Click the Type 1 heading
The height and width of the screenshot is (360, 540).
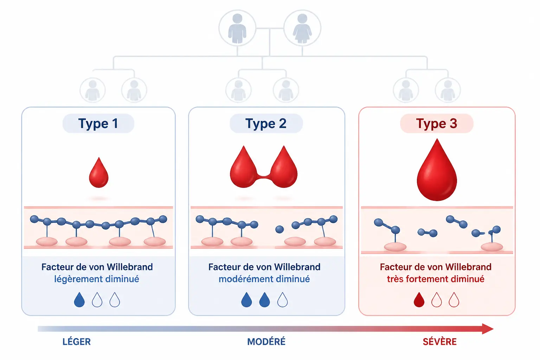coord(98,123)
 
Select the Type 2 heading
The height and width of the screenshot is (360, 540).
coord(266,123)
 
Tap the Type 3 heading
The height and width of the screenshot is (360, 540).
coord(436,123)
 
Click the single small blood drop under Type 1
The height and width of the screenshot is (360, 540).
coord(98,173)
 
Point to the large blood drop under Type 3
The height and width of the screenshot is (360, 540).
coord(437,170)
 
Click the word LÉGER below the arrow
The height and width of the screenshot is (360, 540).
coord(76,341)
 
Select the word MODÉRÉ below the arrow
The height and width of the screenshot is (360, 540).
coord(266,341)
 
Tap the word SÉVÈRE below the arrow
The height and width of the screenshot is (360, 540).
coord(439,341)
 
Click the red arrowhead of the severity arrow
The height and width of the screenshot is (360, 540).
coord(488,329)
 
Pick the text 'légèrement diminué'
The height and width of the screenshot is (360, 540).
coord(96,279)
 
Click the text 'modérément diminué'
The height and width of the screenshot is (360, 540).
coord(264,279)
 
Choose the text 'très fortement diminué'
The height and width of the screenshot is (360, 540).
coord(435,279)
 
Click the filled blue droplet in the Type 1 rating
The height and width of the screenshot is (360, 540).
coord(79,300)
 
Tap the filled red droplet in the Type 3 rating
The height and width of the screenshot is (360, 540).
coord(419,300)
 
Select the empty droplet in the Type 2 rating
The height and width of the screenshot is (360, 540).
coord(282,300)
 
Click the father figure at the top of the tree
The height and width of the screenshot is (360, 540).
coord(237,28)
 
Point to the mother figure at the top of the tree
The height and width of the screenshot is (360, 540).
coord(302,28)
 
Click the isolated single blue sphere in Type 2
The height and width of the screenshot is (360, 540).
coord(279,229)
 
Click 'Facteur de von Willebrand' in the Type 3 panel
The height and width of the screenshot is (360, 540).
coord(435,267)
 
